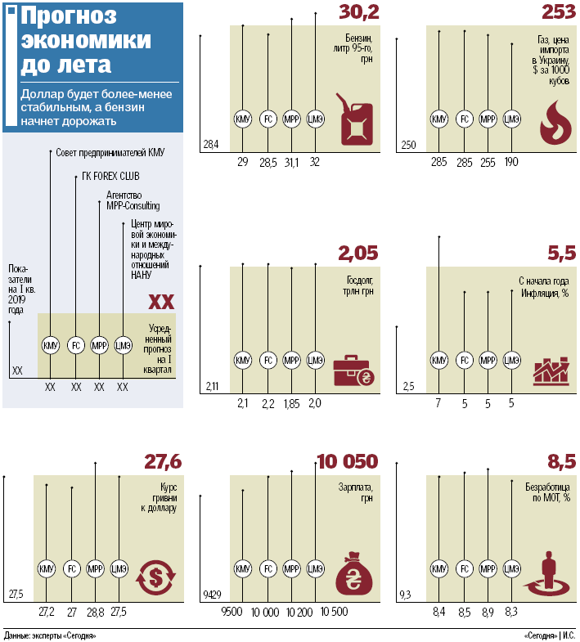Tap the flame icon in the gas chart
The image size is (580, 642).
click(555, 123)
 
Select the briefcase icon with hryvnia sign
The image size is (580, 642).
click(353, 370)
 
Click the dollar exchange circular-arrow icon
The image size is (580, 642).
click(155, 577)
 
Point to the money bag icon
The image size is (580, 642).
click(354, 573)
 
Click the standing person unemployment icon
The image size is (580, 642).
click(546, 573)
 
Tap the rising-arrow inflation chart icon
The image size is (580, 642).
click(551, 371)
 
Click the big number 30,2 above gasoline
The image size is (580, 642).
click(359, 12)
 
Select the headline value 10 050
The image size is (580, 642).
click(348, 461)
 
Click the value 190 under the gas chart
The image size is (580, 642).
click(511, 162)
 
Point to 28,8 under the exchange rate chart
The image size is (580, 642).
click(96, 612)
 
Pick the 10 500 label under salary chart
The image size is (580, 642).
click(334, 612)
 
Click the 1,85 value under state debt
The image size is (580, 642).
click(292, 404)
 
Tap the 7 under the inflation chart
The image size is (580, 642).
click(438, 403)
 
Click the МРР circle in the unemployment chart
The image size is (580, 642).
click(488, 568)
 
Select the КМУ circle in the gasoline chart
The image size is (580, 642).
click(242, 119)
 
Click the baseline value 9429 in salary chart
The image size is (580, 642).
click(212, 594)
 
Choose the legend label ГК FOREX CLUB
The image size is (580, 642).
click(110, 176)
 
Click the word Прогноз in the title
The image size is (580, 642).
click(69, 16)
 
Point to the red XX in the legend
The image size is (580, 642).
click(161, 302)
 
